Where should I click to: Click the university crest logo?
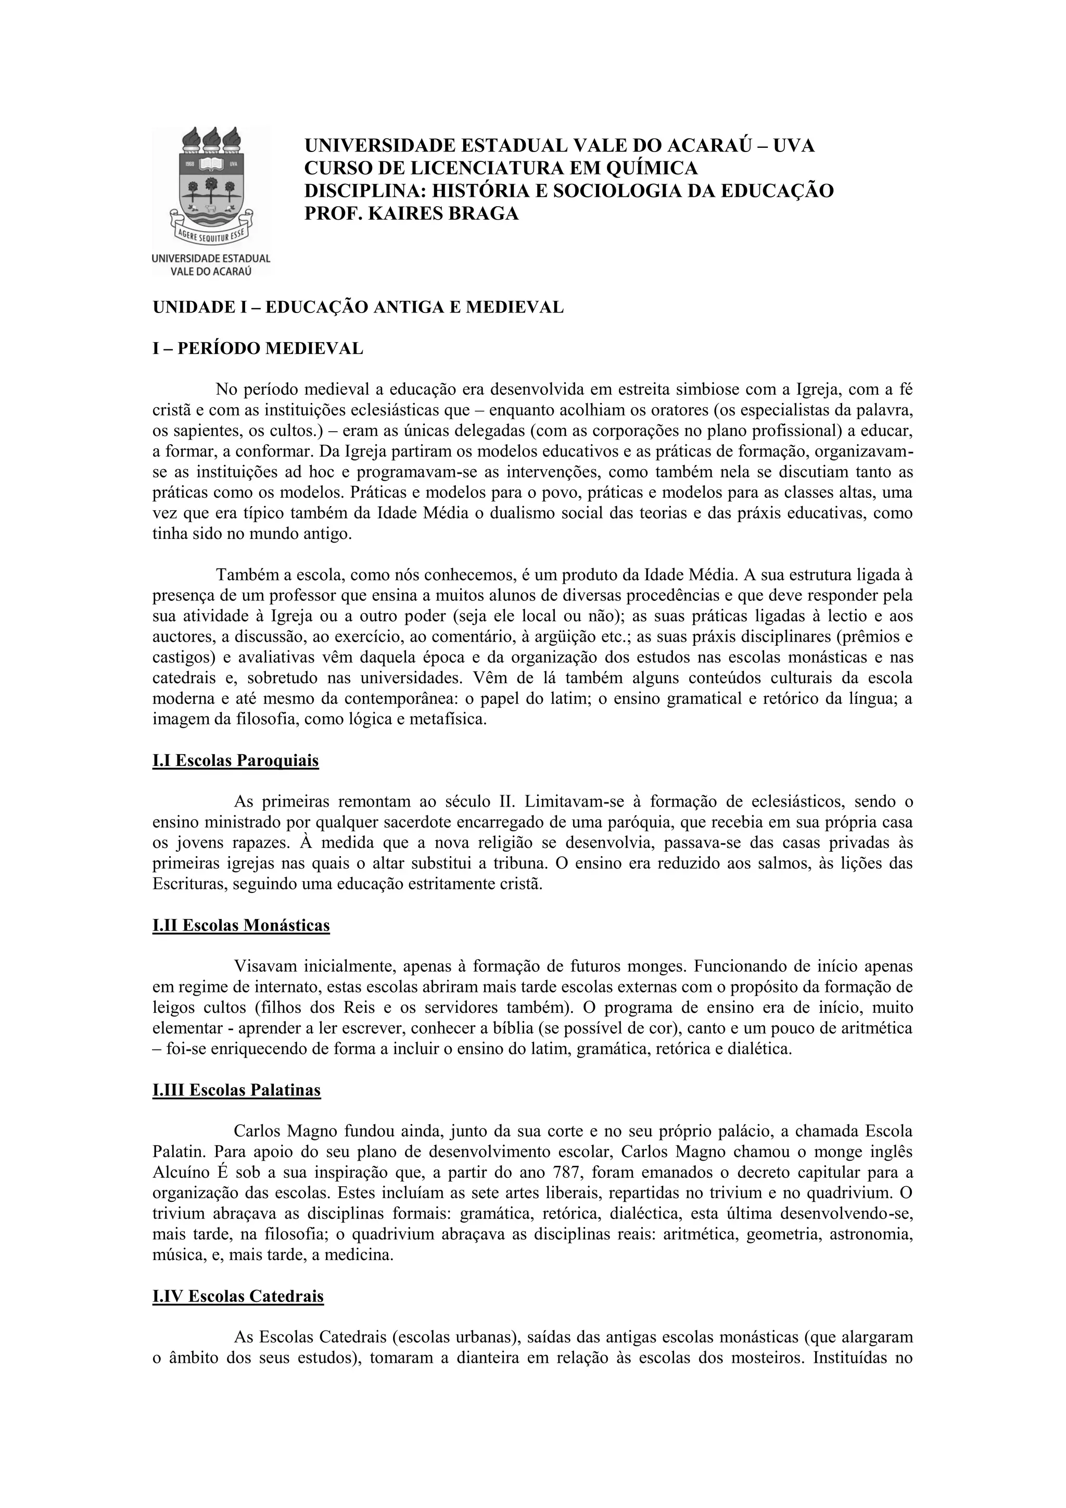(211, 187)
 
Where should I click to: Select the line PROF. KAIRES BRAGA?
(412, 213)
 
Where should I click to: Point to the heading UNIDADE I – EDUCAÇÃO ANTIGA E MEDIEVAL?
(358, 307)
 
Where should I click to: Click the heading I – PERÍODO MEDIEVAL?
(258, 348)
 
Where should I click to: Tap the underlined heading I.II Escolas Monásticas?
(241, 925)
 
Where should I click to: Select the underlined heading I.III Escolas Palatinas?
(236, 1090)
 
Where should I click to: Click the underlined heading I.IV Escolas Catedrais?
(238, 1297)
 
